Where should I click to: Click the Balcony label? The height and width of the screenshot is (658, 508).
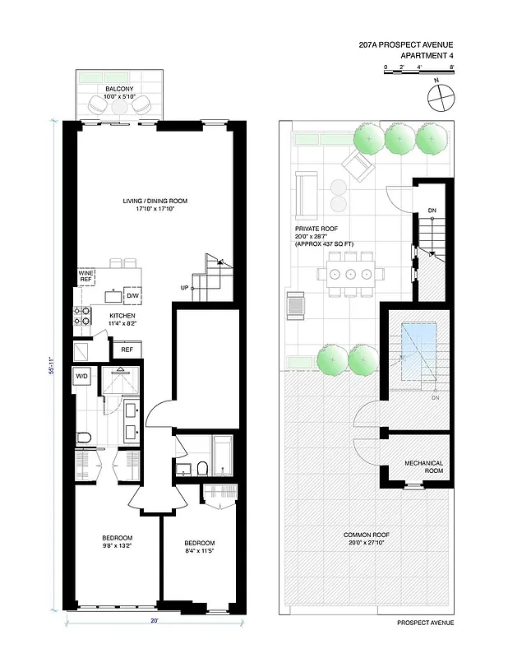pos(119,90)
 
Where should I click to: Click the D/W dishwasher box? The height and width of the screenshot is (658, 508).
pos(132,295)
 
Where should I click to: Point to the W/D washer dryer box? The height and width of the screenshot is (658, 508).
pos(82,377)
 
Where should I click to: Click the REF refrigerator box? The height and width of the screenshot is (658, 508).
pos(127,350)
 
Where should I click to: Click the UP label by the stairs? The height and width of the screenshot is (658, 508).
pos(185,288)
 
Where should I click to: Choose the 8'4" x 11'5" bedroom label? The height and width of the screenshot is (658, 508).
pos(199,548)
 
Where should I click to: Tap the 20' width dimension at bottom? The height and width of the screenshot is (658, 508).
pos(153,622)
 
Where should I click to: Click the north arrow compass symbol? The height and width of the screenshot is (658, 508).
pos(441,97)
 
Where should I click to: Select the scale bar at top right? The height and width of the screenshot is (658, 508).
pos(419,72)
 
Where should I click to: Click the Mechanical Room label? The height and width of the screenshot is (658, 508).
pos(423,467)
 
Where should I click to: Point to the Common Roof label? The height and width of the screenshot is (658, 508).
pos(366,539)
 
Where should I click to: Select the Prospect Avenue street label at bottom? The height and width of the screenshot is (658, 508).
pos(424,623)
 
